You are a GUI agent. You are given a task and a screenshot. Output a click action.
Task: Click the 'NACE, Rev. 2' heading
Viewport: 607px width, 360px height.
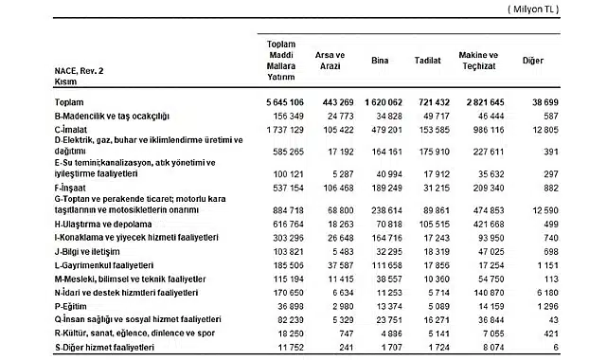[x=79, y=70]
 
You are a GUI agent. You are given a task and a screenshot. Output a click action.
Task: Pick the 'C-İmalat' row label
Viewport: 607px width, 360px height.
[x=73, y=126]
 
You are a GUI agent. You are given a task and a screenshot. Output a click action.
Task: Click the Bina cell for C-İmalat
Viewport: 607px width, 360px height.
[x=379, y=126]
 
